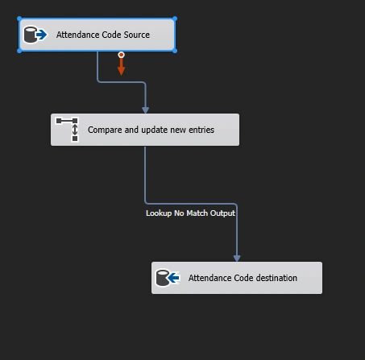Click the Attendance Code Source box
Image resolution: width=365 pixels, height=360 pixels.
click(97, 35)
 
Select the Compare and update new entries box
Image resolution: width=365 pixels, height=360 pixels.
click(145, 130)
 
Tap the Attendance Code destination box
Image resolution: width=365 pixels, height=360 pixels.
click(237, 278)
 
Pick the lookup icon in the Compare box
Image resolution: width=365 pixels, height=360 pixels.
click(67, 129)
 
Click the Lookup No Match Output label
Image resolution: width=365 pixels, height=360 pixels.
click(190, 213)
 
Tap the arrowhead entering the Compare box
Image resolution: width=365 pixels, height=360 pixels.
click(145, 110)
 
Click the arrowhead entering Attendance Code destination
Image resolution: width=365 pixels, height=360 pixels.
click(237, 259)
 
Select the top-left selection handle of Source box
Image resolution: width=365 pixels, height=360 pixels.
click(19, 19)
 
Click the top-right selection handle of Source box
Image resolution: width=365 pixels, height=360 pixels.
click(175, 19)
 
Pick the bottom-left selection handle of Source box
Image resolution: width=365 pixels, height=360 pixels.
click(19, 51)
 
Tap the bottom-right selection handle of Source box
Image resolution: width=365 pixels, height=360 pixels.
click(175, 51)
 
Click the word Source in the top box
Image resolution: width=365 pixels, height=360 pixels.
click(137, 35)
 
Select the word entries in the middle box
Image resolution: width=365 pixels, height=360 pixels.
click(201, 130)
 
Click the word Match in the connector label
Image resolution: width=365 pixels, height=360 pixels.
click(197, 213)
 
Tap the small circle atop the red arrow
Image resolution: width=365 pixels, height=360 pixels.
click(121, 55)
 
